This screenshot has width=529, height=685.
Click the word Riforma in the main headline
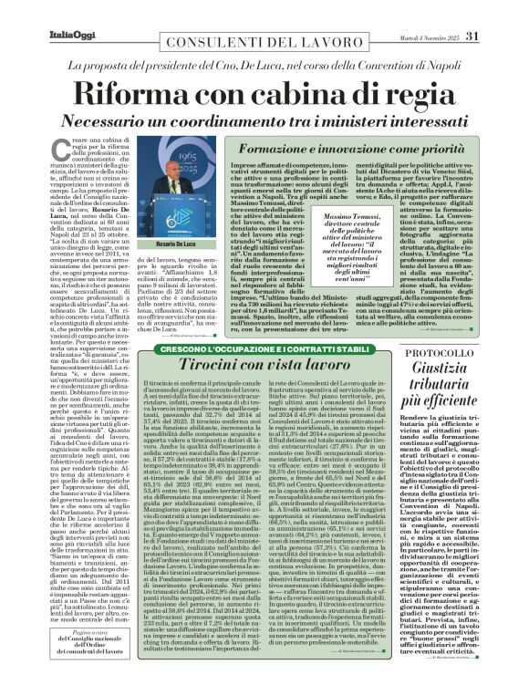[x=134, y=92]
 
